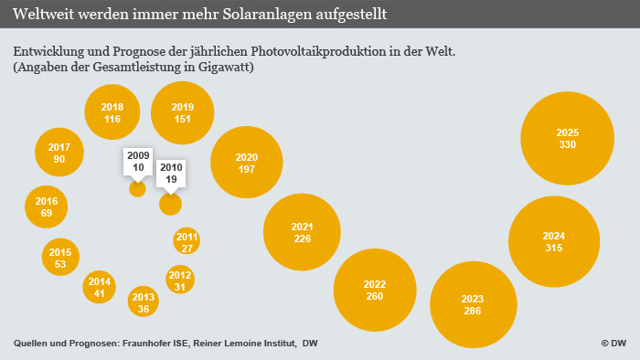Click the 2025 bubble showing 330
pos(567,139)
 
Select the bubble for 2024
pos(554,241)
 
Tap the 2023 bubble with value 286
pos(473,304)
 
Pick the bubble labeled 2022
pos(375,290)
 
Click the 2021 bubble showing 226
pos(302,232)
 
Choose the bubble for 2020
pos(247,163)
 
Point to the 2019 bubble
pos(183,112)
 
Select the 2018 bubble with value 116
pos(112,112)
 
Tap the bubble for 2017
pos(59,153)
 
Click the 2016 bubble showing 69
pos(47,206)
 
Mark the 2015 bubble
pos(60,258)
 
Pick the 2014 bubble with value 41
pos(100,288)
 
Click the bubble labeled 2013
pos(144,302)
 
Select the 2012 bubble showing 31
pos(180,281)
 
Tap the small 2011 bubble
pos(187,242)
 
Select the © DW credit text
pos(613,343)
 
